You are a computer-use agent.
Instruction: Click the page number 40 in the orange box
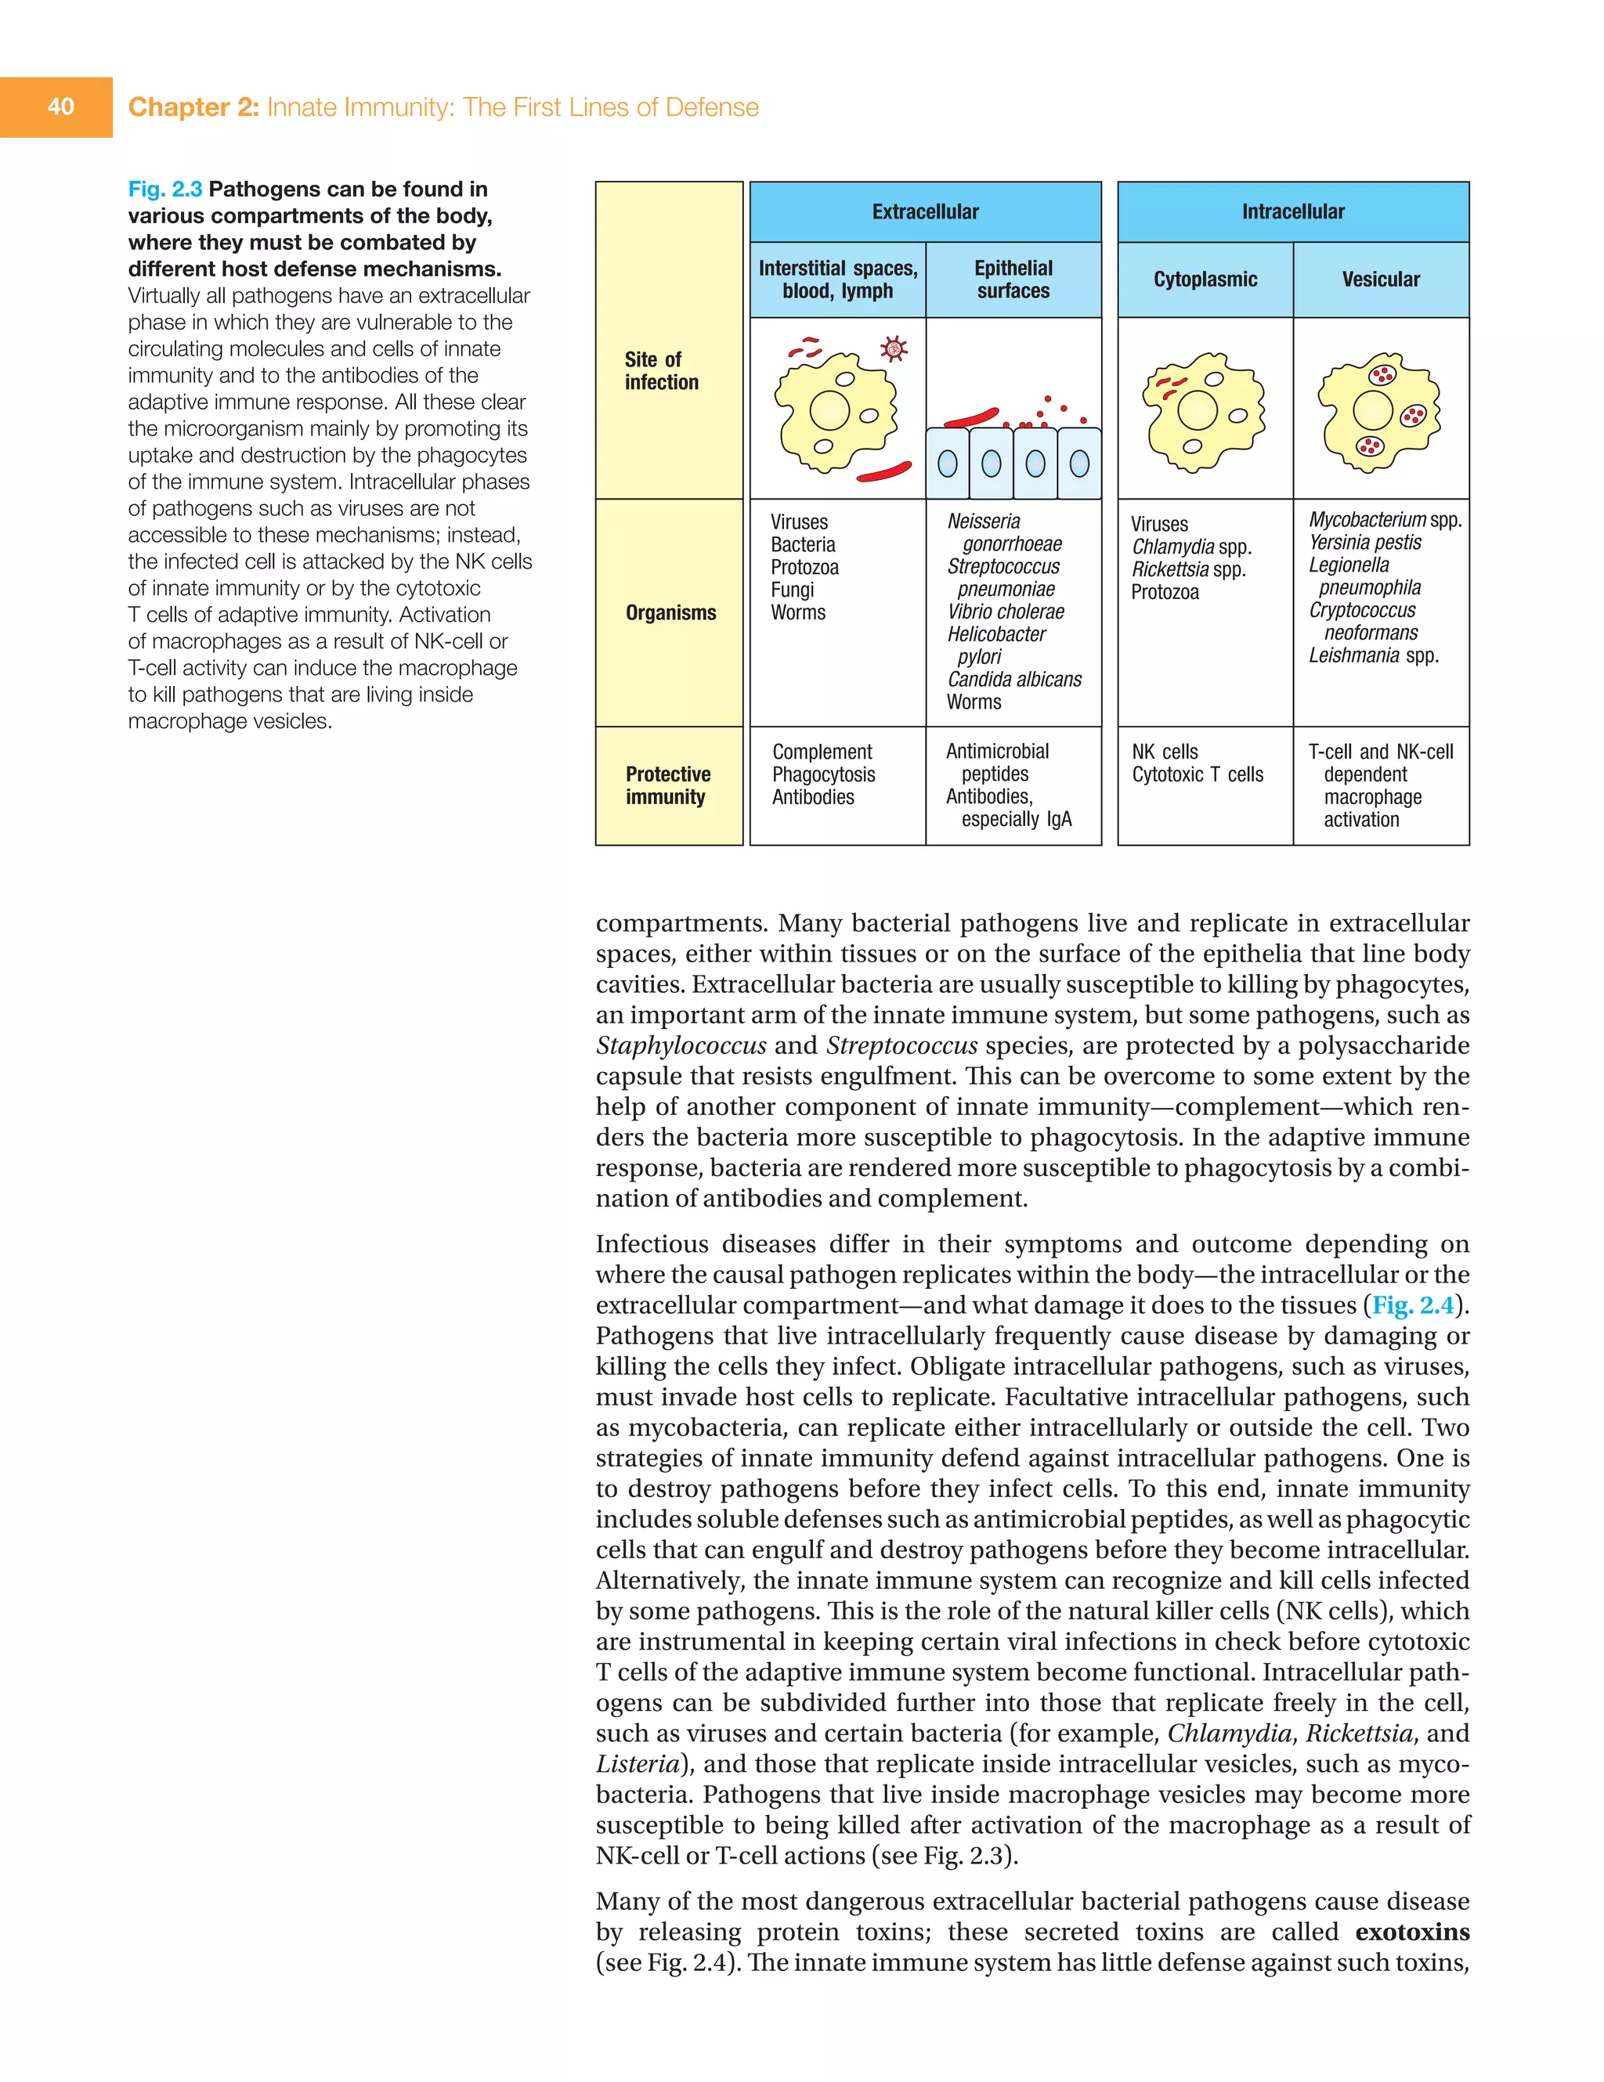60,106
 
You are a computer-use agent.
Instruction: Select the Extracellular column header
925,211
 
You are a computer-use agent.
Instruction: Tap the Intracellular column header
1292,211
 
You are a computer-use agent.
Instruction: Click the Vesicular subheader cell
1380,280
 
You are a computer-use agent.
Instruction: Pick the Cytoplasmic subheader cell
1205,280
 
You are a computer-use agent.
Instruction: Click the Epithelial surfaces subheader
1013,280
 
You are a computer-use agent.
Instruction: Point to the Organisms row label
670,613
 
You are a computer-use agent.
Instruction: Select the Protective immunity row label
667,785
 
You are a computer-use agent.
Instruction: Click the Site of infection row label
661,371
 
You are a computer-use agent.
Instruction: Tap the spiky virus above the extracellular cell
894,349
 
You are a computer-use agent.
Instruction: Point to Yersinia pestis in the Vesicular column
1364,543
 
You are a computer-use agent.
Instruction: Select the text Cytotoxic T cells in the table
1197,774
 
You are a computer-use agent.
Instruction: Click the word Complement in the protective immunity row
822,752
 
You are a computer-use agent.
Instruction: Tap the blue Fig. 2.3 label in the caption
165,189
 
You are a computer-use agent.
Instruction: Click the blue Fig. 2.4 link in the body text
1412,1305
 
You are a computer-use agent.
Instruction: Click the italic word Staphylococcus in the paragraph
680,1046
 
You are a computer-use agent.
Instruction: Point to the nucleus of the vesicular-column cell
1372,410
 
